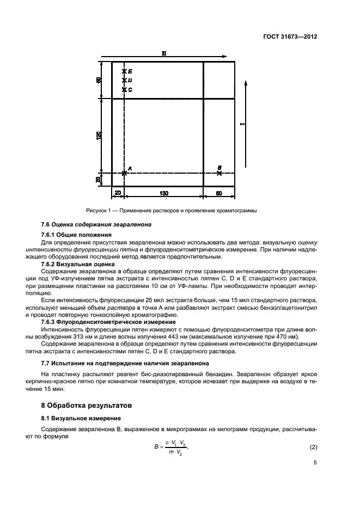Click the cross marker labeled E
[x=124, y=71]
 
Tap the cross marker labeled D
[x=124, y=81]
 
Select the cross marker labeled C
[x=124, y=90]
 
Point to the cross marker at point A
[x=124, y=173]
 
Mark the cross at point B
[x=219, y=173]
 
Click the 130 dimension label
[x=163, y=193]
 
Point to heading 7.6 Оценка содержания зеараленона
[x=96, y=224]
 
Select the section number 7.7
[x=46, y=363]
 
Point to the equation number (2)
[x=313, y=447]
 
